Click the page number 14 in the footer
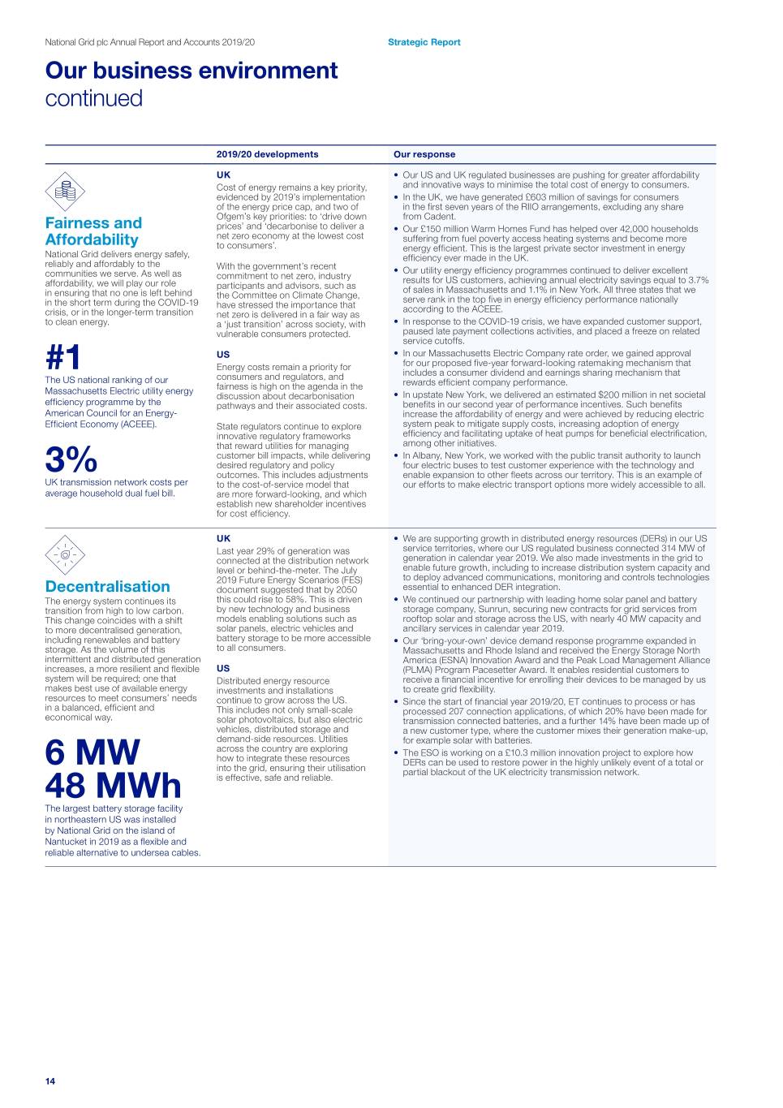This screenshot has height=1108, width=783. point(50,1080)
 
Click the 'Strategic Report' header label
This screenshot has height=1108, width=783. point(424,42)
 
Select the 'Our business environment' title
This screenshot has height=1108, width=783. point(191,71)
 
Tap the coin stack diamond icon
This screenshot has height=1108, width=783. point(65,192)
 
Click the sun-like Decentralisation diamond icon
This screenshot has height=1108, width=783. point(65,555)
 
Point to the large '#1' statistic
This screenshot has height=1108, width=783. point(63,357)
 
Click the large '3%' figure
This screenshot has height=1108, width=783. point(71,459)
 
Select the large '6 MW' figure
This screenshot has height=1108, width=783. point(92,752)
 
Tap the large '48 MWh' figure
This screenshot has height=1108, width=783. point(113,786)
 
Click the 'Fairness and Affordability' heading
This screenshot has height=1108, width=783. point(93,231)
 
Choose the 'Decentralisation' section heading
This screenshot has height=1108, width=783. point(108,586)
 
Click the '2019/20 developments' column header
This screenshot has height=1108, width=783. point(267,154)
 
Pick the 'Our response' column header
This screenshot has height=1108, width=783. point(424,154)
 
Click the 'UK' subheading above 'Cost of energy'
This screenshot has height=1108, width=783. point(223,175)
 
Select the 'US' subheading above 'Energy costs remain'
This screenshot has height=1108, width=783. point(223,355)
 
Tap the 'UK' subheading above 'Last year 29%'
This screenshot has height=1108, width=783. point(223,538)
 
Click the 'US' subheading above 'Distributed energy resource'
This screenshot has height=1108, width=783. point(223,669)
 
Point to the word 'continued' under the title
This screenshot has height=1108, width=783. point(93,98)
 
